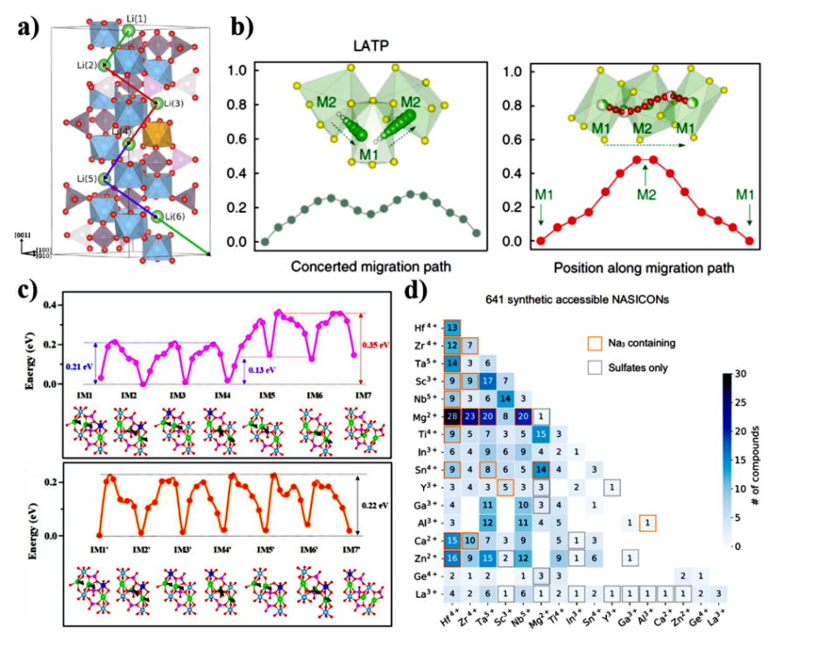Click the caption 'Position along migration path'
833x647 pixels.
click(649, 266)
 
